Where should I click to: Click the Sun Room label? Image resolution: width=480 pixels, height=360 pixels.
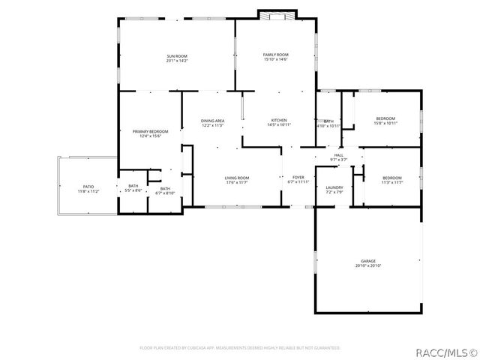pyautogui.click(x=177, y=56)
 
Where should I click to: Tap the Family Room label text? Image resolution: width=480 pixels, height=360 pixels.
pyautogui.click(x=275, y=55)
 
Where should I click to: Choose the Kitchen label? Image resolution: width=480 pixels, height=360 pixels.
pyautogui.click(x=279, y=121)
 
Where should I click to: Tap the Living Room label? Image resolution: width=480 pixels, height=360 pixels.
pyautogui.click(x=237, y=178)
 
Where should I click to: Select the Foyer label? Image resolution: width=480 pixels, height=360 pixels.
pyautogui.click(x=298, y=178)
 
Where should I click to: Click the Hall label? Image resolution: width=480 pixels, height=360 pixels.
pyautogui.click(x=338, y=155)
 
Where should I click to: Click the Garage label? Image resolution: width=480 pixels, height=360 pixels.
pyautogui.click(x=367, y=261)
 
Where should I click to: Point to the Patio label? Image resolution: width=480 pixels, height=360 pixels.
pyautogui.click(x=88, y=187)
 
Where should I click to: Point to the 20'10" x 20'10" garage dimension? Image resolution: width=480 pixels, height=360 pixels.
pyautogui.click(x=367, y=265)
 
